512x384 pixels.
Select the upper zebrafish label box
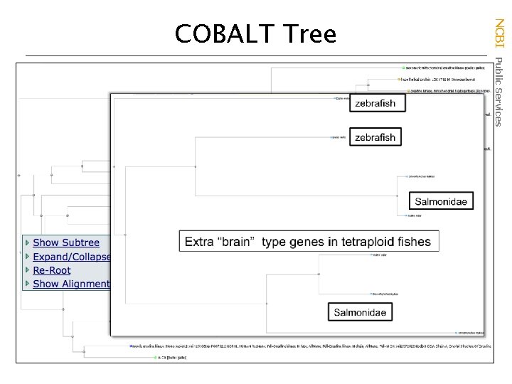(375, 104)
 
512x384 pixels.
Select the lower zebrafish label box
(375, 137)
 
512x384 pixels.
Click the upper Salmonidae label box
(441, 201)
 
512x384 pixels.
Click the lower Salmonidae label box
(361, 312)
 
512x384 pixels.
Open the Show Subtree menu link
(66, 243)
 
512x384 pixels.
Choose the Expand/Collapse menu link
(72, 257)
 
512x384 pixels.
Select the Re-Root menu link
(52, 270)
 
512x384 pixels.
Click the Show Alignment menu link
(71, 284)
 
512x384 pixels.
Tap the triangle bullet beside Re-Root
(28, 270)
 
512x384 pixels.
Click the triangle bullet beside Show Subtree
(28, 243)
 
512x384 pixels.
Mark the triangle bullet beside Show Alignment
(28, 284)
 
